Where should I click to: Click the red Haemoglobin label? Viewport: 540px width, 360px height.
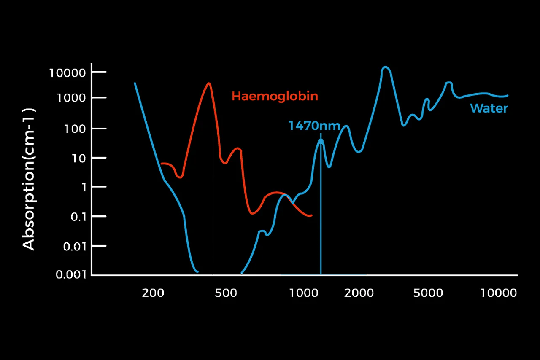point(275,97)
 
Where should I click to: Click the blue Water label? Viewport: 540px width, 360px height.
point(489,108)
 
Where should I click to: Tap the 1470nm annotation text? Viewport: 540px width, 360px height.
point(314,126)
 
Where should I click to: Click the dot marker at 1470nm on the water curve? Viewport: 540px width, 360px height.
point(321,142)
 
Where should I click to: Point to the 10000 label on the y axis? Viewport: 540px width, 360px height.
point(67,73)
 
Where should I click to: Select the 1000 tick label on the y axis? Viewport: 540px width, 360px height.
point(71,98)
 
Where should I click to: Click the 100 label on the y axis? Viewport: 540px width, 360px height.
point(75,129)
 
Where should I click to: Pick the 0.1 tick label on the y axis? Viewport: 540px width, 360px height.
point(78,217)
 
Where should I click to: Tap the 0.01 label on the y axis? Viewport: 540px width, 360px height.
point(75,247)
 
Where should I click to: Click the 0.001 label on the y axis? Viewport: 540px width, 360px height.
point(71,274)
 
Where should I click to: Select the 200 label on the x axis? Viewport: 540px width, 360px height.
point(153,293)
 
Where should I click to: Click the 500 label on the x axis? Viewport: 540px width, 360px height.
point(226,293)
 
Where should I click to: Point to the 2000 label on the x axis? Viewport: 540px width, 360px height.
point(359,293)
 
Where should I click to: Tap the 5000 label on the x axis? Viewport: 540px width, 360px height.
point(428,293)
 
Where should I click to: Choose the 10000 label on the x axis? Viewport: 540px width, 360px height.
point(499,293)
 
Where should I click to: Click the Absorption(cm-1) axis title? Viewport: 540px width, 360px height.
point(29,180)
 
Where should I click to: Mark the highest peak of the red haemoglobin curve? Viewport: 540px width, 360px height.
point(209,83)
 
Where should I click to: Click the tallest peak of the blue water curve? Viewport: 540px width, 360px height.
point(386,67)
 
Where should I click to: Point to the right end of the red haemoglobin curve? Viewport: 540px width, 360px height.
point(312,215)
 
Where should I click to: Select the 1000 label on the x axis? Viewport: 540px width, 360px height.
point(303,293)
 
